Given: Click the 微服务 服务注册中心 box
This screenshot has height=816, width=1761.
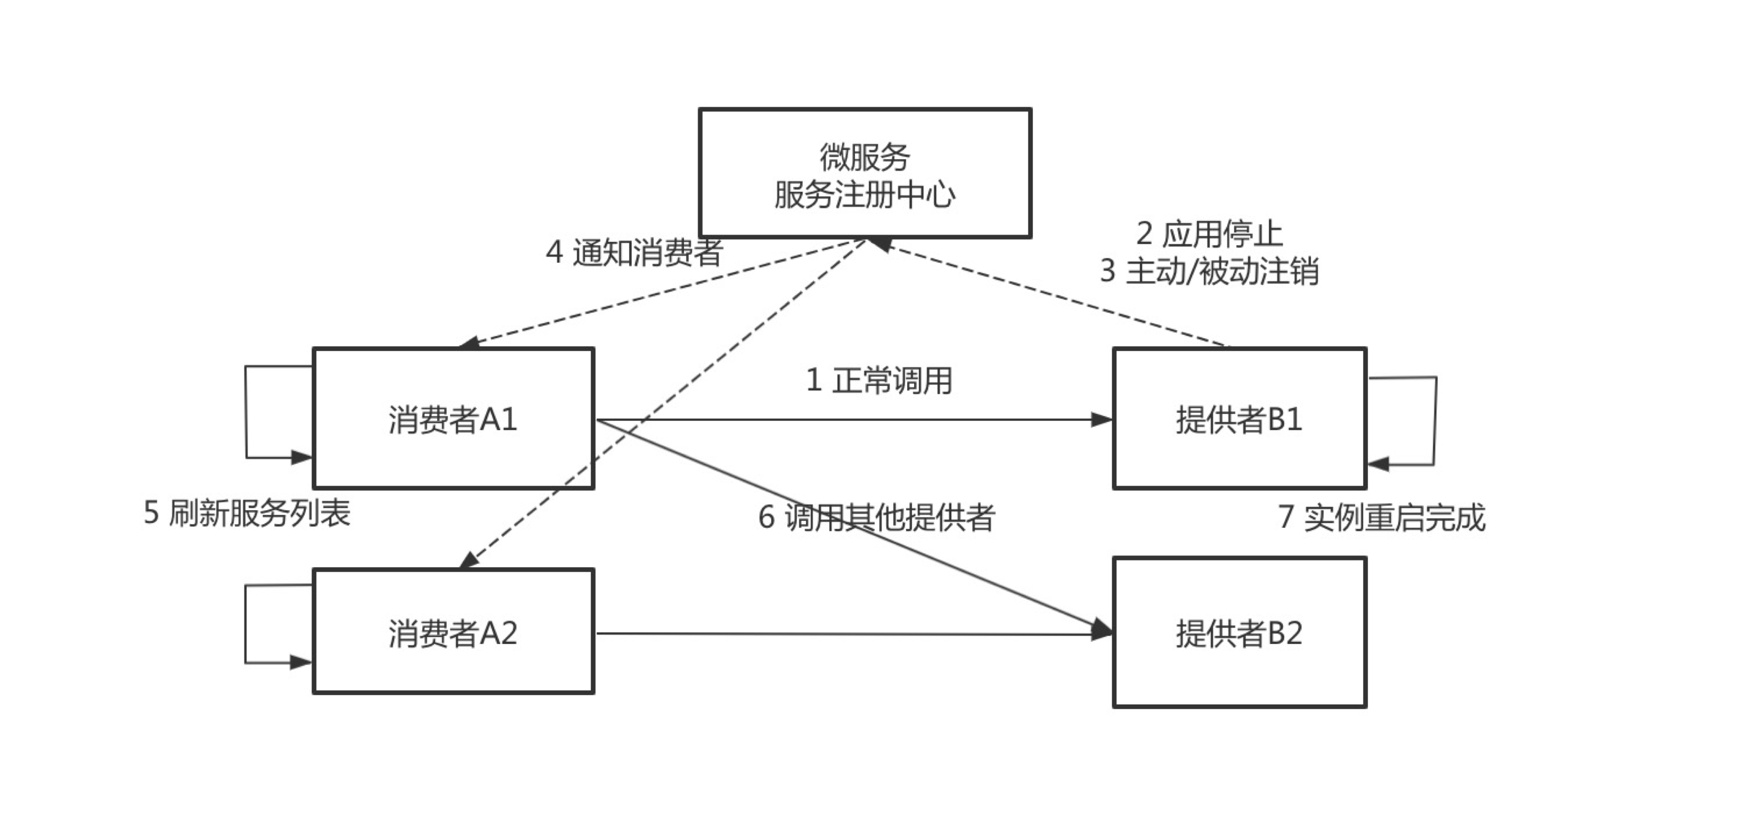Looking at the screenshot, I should coord(865,173).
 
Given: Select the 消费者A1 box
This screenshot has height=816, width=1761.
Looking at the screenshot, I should coord(453,418).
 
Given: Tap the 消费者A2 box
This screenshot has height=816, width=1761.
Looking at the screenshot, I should coord(453,632).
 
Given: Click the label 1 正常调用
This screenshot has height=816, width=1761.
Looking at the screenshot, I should coord(879,380).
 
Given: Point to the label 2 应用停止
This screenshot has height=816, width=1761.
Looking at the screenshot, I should coord(1209,234).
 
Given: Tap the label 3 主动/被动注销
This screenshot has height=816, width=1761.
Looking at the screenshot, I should coord(1209,271).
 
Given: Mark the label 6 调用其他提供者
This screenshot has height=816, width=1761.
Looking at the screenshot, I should coord(876,517).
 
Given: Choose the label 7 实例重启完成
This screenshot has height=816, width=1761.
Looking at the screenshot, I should coord(1382,517).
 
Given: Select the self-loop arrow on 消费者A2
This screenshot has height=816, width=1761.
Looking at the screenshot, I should coord(246,623).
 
